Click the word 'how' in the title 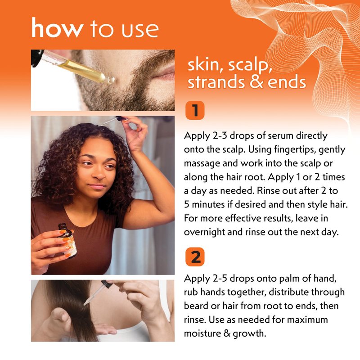click(x=58, y=27)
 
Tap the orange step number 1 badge click(x=195, y=110)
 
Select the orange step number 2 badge click(x=195, y=257)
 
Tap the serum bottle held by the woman click(x=68, y=240)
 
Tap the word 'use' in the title click(x=140, y=30)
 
